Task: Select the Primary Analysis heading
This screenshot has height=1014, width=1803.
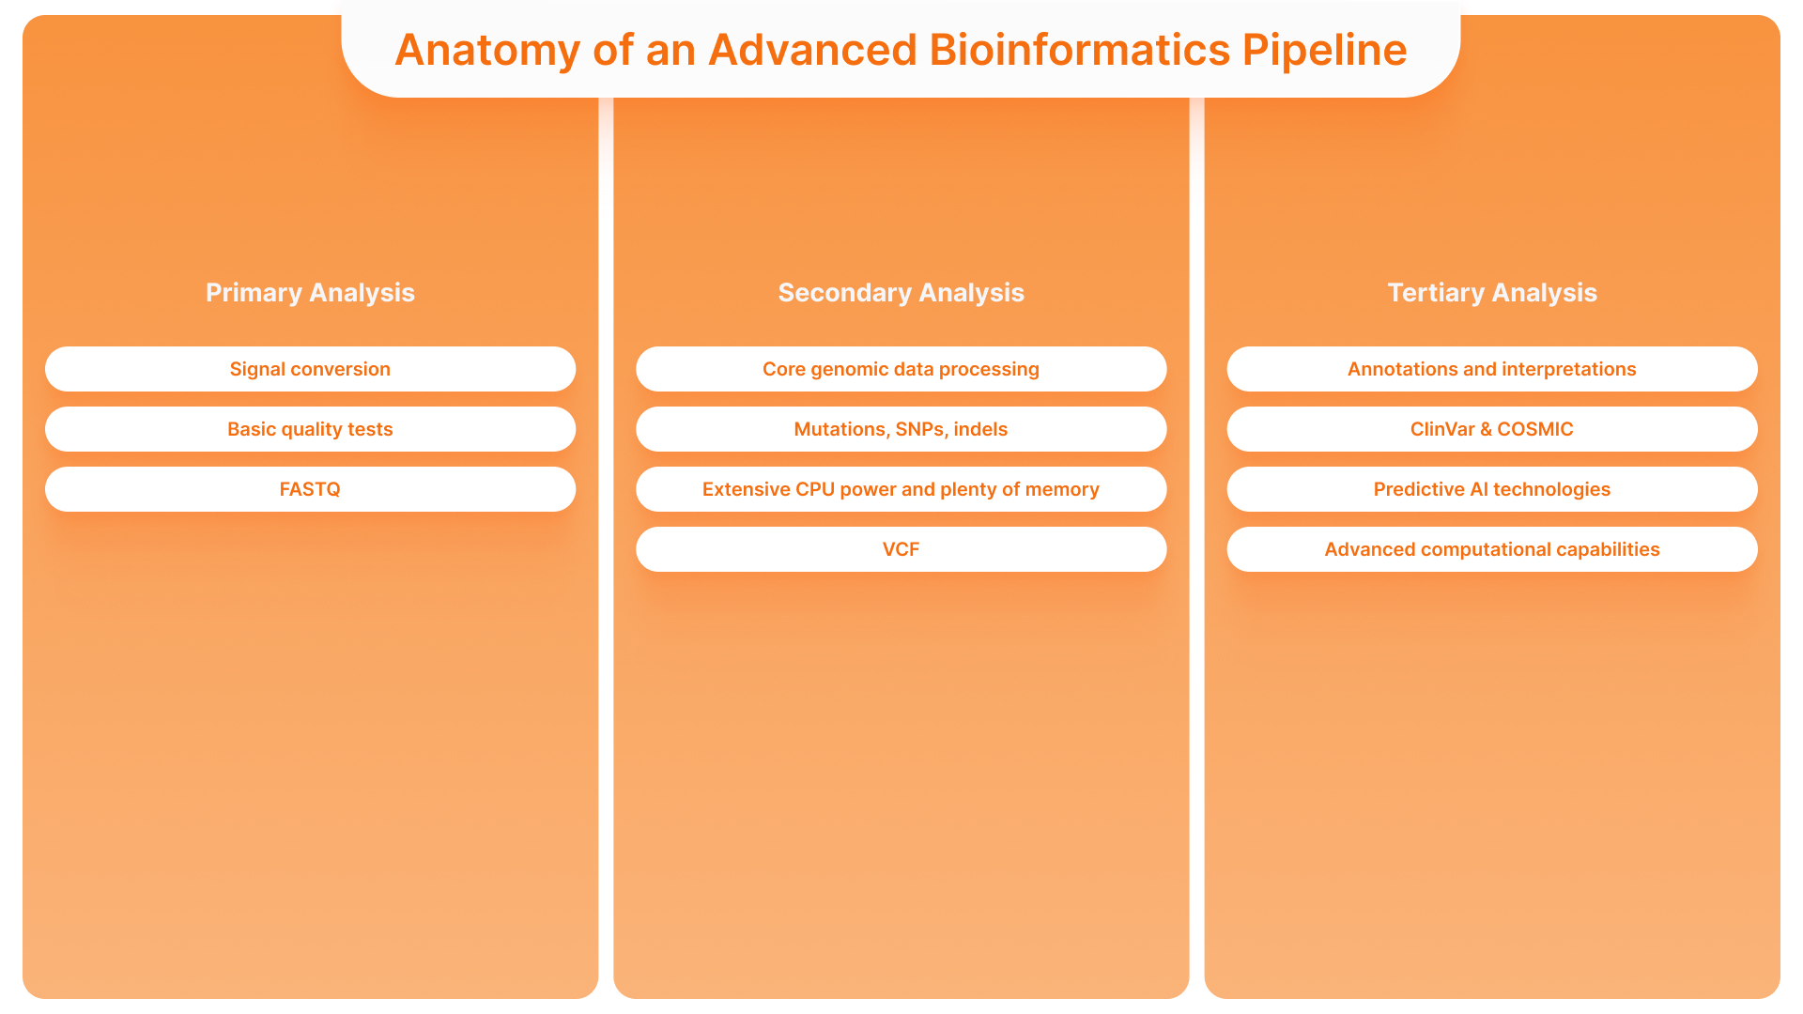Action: click(x=310, y=293)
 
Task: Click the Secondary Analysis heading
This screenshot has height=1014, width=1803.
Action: click(x=901, y=293)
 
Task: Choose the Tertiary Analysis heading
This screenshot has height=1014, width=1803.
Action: click(x=1491, y=293)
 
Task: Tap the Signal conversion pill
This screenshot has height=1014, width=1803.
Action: click(x=310, y=369)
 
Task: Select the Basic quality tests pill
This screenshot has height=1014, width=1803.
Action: click(x=310, y=429)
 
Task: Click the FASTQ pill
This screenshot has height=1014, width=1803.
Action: click(x=310, y=489)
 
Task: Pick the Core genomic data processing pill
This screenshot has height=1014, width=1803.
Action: click(x=901, y=369)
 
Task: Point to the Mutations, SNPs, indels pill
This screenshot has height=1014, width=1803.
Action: click(x=901, y=429)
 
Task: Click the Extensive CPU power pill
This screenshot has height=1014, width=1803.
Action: click(x=901, y=489)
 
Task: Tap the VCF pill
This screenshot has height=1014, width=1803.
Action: click(x=901, y=549)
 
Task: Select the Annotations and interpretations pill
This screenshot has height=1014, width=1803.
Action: click(x=1491, y=369)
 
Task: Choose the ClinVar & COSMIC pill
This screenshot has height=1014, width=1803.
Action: click(x=1491, y=429)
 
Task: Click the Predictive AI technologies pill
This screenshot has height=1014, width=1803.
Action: click(x=1491, y=489)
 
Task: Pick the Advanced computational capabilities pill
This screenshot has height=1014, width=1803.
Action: click(x=1491, y=549)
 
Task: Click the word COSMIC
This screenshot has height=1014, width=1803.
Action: click(x=1534, y=429)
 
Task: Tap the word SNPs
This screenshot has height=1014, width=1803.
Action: click(x=920, y=429)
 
